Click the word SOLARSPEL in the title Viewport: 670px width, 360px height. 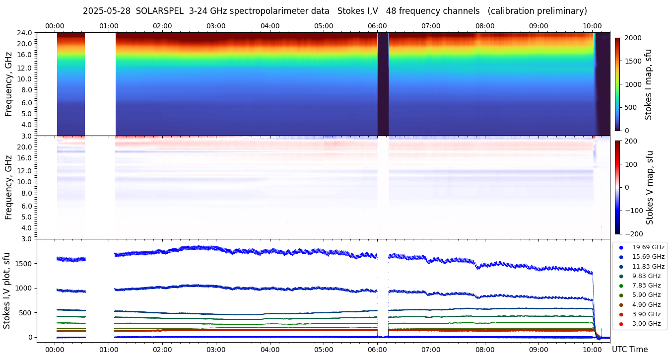click(x=160, y=11)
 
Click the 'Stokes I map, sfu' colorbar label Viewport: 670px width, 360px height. click(x=648, y=84)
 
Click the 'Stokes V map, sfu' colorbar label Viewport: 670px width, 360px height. click(x=650, y=188)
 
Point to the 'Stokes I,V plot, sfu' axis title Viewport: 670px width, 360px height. click(x=7, y=290)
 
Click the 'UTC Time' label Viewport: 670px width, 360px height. click(x=629, y=350)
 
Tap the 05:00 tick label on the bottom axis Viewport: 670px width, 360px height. click(x=324, y=350)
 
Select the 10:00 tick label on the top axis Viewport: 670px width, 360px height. click(x=592, y=26)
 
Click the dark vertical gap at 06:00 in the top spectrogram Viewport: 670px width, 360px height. click(x=383, y=84)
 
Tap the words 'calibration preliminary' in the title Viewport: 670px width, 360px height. click(x=537, y=11)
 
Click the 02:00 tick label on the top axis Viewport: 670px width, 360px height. click(x=162, y=26)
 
